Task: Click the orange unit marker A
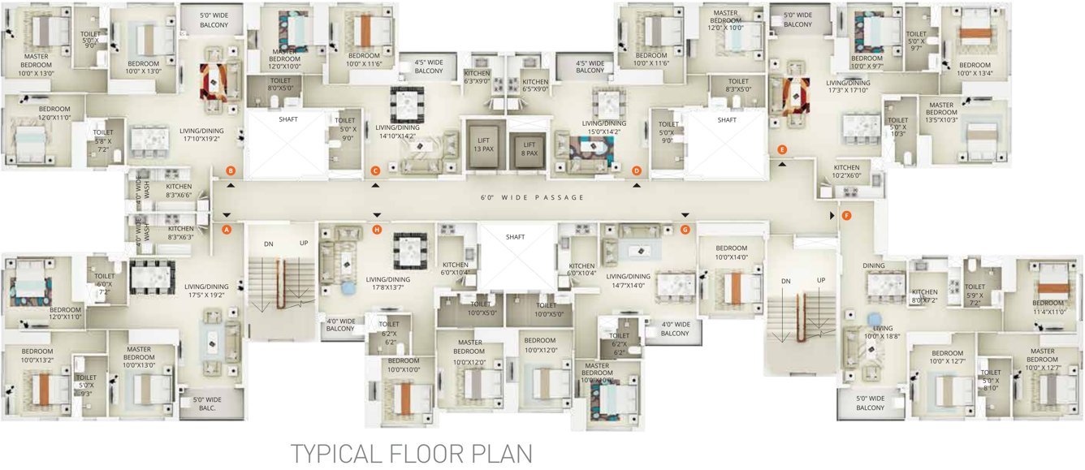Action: pyautogui.click(x=227, y=230)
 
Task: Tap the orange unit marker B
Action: pyautogui.click(x=231, y=170)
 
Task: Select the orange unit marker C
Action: pyautogui.click(x=375, y=170)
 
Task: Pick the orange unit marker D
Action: pyautogui.click(x=637, y=170)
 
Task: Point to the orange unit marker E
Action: pyautogui.click(x=782, y=149)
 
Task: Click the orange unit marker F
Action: pyautogui.click(x=846, y=216)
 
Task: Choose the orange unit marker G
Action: pyautogui.click(x=685, y=230)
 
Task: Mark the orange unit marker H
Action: pyautogui.click(x=376, y=230)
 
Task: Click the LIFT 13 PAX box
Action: pyautogui.click(x=484, y=144)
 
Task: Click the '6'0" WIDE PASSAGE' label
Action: pyautogui.click(x=532, y=198)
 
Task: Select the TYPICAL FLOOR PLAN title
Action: pyautogui.click(x=412, y=453)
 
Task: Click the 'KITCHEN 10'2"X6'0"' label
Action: pyautogui.click(x=847, y=171)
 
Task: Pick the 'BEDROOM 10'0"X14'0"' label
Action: pyautogui.click(x=731, y=252)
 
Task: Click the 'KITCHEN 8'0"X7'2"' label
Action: pyautogui.click(x=924, y=296)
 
